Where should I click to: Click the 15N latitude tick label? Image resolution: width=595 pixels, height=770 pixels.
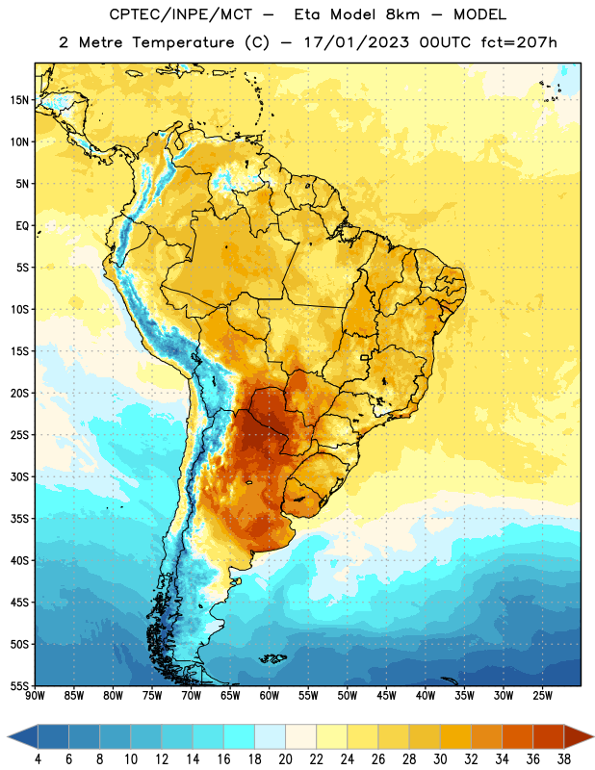pyautogui.click(x=19, y=100)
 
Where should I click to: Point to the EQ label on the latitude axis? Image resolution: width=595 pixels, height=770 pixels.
pyautogui.click(x=22, y=226)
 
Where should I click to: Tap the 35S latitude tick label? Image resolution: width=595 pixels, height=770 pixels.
pyautogui.click(x=19, y=519)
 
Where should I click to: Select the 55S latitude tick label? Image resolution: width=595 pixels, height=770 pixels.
pyautogui.click(x=19, y=685)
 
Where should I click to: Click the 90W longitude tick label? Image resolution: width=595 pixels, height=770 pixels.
pyautogui.click(x=35, y=696)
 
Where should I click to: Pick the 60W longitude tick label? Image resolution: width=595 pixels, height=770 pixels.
pyautogui.click(x=270, y=696)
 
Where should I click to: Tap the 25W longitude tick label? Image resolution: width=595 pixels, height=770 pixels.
pyautogui.click(x=542, y=696)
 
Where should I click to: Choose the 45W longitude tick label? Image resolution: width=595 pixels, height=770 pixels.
pyautogui.click(x=386, y=696)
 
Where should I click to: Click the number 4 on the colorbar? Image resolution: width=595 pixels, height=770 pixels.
pyautogui.click(x=38, y=759)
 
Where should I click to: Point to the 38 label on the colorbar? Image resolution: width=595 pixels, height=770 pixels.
pyautogui.click(x=564, y=759)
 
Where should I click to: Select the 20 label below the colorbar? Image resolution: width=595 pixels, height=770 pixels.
pyautogui.click(x=285, y=759)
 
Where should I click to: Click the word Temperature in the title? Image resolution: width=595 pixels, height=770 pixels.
pyautogui.click(x=183, y=42)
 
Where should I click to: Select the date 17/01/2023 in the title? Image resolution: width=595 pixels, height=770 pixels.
pyautogui.click(x=356, y=42)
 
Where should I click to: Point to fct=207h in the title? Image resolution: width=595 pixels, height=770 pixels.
pyautogui.click(x=519, y=42)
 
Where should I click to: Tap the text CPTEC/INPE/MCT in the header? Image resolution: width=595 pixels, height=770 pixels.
pyautogui.click(x=180, y=14)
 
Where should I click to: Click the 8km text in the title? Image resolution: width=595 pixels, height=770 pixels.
pyautogui.click(x=402, y=14)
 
